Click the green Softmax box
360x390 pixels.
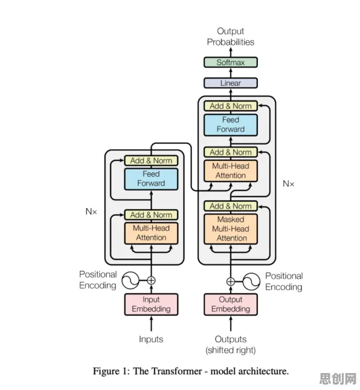tap(231, 62)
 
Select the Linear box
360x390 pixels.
tap(231, 83)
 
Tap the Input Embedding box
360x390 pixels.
tap(151, 304)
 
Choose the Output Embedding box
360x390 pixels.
tap(231, 304)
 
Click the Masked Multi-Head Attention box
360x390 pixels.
tap(231, 229)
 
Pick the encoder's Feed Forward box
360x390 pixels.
tap(151, 179)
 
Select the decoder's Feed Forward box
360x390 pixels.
tap(231, 125)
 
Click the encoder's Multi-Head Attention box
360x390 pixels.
tap(151, 233)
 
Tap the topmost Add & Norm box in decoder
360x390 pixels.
tap(231, 106)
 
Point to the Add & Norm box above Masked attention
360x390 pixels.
tap(231, 206)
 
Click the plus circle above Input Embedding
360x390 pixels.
tap(151, 281)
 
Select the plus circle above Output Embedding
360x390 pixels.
tap(231, 282)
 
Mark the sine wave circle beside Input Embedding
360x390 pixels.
tap(130, 281)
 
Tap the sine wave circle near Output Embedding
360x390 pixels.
tap(251, 282)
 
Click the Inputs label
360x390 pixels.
tap(151, 339)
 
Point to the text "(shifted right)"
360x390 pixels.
tap(231, 350)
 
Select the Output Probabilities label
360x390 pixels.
tap(231, 36)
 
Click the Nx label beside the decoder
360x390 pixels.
tap(289, 184)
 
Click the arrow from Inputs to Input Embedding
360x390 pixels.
tap(151, 323)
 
